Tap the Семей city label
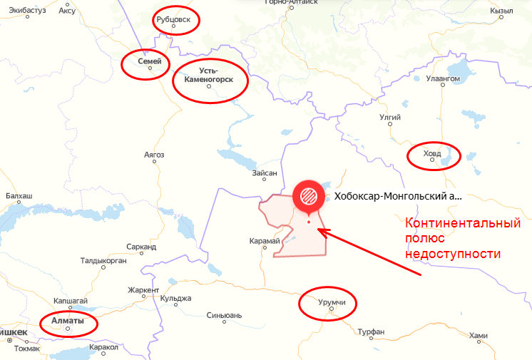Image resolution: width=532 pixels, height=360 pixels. point(150,62)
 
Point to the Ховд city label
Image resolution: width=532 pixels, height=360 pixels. point(432,153)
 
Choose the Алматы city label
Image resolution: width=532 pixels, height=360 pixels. point(68,321)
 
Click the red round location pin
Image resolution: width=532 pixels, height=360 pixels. point(309,195)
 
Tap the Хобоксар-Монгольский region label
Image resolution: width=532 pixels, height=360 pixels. point(398,195)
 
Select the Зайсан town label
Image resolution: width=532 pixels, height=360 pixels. point(265,173)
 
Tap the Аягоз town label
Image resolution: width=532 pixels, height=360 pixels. point(154,154)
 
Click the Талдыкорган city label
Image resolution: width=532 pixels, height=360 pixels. point(103,261)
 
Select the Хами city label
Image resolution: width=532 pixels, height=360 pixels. point(479,336)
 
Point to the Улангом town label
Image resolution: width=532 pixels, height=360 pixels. point(442,78)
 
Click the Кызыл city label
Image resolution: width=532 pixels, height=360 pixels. point(503,11)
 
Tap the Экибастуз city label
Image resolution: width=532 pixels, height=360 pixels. point(23,11)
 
